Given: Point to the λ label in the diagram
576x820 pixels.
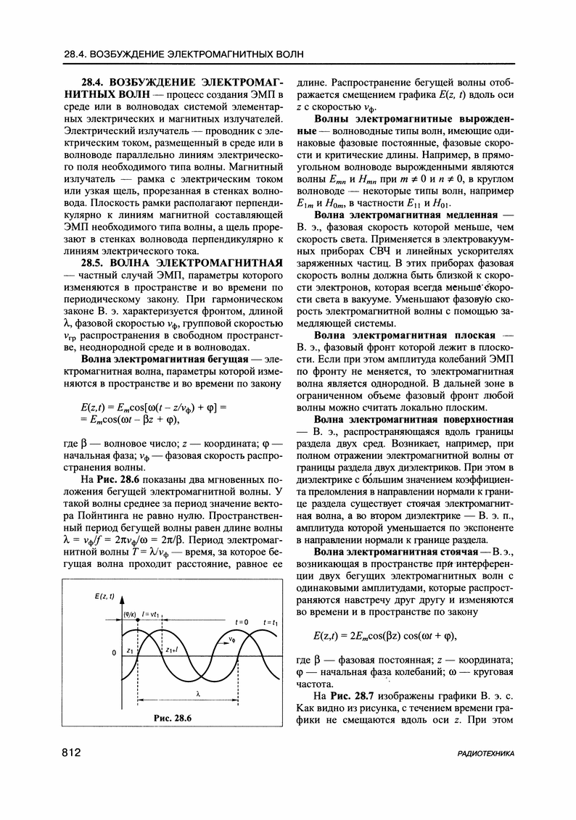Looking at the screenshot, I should (x=196, y=691).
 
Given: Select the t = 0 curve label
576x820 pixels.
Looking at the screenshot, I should (x=241, y=622).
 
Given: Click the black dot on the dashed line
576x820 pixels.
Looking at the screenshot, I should (x=139, y=633).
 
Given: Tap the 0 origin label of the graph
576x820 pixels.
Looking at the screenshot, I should (x=113, y=653).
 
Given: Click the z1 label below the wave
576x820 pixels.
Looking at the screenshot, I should (x=130, y=650).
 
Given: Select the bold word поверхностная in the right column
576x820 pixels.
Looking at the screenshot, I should (x=480, y=420).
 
